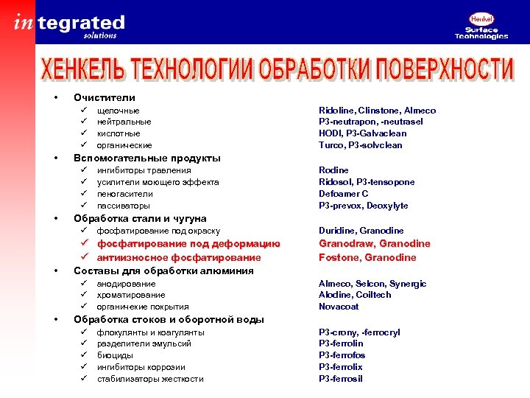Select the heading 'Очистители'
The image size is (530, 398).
point(104,97)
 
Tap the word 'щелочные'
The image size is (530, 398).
point(119,110)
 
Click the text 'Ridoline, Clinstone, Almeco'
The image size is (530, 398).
point(377,110)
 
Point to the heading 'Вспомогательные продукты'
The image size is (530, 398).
point(146,158)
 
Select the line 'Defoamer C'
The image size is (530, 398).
point(343,194)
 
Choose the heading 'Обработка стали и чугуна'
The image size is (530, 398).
point(140,218)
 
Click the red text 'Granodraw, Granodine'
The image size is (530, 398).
point(374,244)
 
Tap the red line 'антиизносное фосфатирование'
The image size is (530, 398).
point(179,257)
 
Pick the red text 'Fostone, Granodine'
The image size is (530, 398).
point(367,257)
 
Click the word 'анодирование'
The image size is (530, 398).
point(127,283)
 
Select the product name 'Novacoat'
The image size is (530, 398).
point(339,307)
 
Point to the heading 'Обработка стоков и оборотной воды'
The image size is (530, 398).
point(169,319)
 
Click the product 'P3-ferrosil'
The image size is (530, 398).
point(341,379)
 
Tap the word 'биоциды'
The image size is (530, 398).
point(115,355)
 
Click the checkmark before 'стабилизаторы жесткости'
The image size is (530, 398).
point(84,379)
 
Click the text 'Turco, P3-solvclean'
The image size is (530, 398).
point(360,145)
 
